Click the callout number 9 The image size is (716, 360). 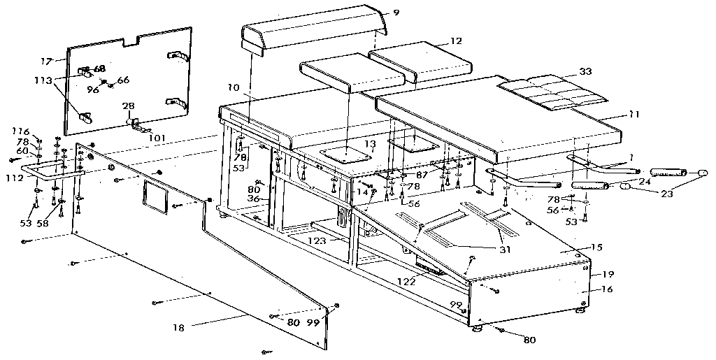[x=396, y=11]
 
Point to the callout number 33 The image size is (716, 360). [x=585, y=71]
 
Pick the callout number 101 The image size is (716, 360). [x=157, y=138]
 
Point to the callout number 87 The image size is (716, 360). [x=422, y=173]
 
